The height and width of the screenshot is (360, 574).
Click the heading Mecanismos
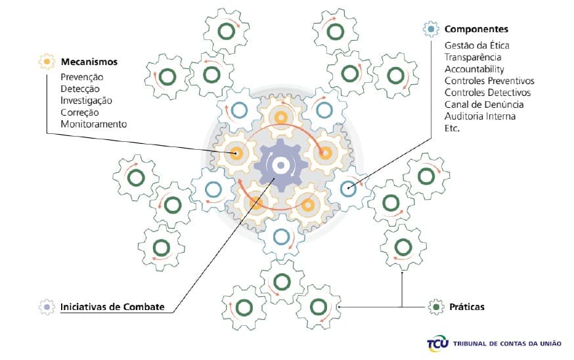(89, 62)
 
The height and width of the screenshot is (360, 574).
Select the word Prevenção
(82, 77)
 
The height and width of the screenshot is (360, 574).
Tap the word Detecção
(81, 89)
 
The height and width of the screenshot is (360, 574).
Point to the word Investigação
(86, 101)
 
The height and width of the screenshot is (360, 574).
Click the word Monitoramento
(93, 124)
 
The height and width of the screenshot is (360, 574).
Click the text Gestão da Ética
(477, 45)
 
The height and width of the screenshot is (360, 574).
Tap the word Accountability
(474, 69)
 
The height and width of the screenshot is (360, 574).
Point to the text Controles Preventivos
(489, 81)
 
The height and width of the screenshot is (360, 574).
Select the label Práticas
(466, 307)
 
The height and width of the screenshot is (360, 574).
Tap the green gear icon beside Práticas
(436, 306)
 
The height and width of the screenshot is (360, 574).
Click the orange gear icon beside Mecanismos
(47, 62)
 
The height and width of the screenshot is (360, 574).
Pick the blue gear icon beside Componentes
(431, 30)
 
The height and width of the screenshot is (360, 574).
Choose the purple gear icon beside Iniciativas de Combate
(47, 307)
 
